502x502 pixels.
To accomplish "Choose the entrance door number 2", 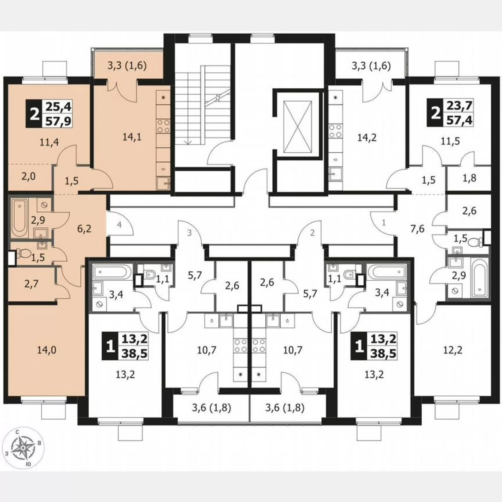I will coord(312,233).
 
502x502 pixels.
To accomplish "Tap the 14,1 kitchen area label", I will coord(133,137).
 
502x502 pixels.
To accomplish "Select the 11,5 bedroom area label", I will coord(450,141).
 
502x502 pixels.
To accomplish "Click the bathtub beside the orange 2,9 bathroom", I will coord(19,218).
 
